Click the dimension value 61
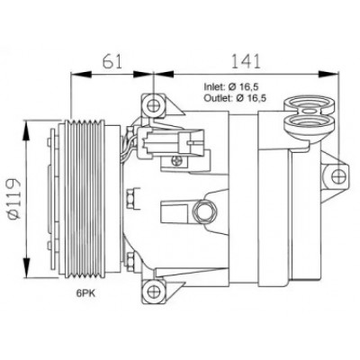[112, 61]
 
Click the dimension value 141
[246, 61]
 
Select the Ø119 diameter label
[13, 200]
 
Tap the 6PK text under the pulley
[85, 293]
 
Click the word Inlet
[214, 87]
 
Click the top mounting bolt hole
[153, 105]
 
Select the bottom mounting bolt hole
[153, 290]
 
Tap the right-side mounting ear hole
[338, 175]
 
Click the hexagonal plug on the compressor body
[206, 211]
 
